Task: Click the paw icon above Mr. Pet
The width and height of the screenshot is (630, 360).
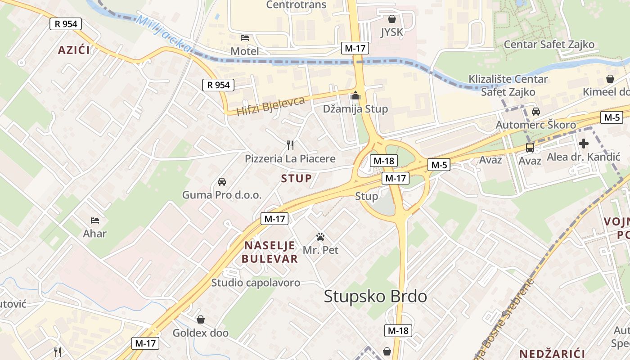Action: tap(320, 236)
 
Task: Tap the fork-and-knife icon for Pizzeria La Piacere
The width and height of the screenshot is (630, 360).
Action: tap(290, 145)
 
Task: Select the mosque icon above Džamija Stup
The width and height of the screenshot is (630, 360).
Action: tap(355, 95)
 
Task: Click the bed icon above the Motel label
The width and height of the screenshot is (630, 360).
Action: tap(245, 37)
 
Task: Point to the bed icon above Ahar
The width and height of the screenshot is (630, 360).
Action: tap(94, 220)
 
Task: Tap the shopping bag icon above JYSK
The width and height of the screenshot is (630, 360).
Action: tap(392, 19)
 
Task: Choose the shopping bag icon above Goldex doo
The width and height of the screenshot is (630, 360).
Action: tap(201, 319)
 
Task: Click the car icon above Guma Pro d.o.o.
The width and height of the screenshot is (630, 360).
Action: tap(221, 182)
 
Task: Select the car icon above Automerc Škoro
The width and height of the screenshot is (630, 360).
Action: tap(535, 111)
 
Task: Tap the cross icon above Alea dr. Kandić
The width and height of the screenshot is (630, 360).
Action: tap(584, 144)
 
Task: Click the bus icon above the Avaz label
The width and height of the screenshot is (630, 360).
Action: tap(530, 147)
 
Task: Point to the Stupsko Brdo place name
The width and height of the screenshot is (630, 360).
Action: tap(375, 297)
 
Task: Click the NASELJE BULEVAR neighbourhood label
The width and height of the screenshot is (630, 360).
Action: tap(270, 252)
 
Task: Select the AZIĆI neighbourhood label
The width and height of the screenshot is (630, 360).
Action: tap(74, 50)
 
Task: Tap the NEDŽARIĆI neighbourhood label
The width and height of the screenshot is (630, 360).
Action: tap(552, 353)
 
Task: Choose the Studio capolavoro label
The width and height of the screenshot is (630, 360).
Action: tap(256, 283)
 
